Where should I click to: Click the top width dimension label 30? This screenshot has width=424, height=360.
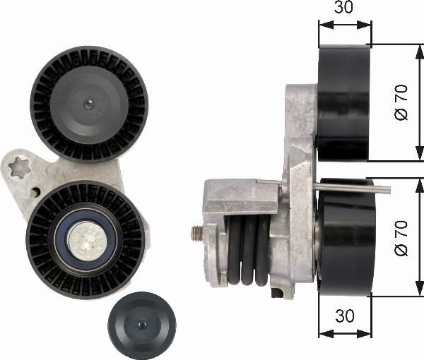(x=343, y=7)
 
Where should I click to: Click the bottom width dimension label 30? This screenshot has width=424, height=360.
(x=345, y=315)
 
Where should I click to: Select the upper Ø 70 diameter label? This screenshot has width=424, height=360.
(x=401, y=102)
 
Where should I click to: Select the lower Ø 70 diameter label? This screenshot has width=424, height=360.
(x=401, y=238)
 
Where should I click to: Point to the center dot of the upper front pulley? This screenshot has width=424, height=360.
(x=88, y=104)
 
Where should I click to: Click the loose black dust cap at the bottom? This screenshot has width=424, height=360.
(x=142, y=325)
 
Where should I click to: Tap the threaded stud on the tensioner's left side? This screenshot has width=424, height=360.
(x=197, y=234)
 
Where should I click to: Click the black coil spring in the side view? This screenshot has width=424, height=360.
(x=248, y=251)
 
